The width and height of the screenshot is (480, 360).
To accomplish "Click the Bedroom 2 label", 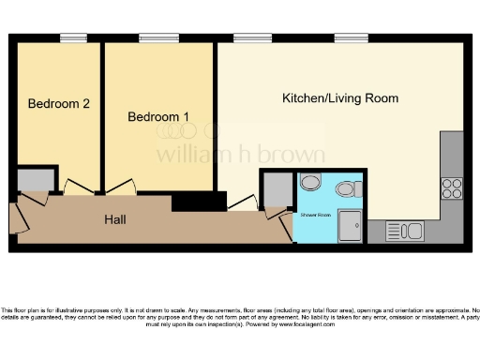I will (58, 104).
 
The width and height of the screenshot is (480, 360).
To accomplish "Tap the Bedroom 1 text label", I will (158, 117).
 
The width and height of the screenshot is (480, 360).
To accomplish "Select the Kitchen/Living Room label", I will (340, 98).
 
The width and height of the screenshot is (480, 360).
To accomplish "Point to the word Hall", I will (115, 219).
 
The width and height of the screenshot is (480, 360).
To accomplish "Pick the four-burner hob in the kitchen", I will (451, 187).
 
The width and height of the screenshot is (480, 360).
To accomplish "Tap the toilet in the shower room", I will (347, 188).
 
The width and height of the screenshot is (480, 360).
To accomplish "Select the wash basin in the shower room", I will (312, 183).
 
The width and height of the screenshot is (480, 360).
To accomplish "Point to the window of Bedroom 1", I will (153, 38).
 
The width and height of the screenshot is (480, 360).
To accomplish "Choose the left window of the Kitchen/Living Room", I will (247, 38).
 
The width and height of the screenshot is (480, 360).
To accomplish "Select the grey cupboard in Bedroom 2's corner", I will (35, 179).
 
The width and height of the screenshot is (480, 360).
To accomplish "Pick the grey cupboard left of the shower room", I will (277, 190).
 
